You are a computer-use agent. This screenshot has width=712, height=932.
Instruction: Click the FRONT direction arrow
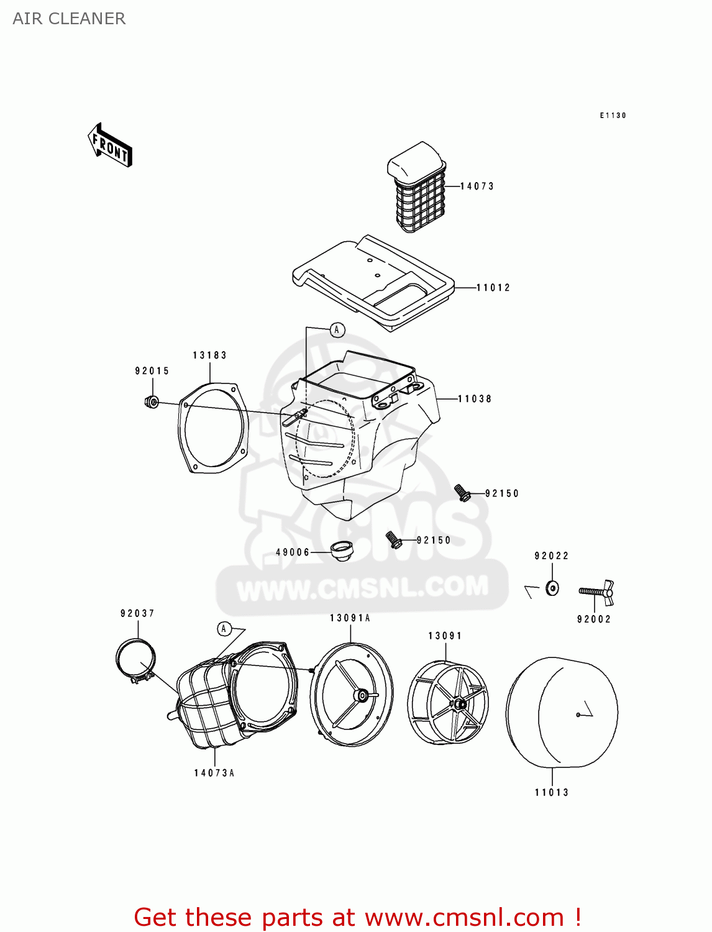pyautogui.click(x=110, y=145)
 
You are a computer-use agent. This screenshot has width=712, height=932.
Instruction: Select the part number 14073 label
pyautogui.click(x=477, y=186)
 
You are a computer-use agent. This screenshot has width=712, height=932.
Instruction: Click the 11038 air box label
pyautogui.click(x=475, y=399)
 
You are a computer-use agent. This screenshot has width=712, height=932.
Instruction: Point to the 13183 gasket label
pyautogui.click(x=209, y=355)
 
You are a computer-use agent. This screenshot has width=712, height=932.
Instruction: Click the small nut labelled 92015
pyautogui.click(x=151, y=402)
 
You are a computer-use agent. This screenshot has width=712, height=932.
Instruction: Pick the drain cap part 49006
pyautogui.click(x=341, y=551)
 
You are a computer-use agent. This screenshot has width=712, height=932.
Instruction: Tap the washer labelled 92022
pyautogui.click(x=552, y=587)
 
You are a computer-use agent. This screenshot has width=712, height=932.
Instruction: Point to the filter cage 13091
pyautogui.click(x=448, y=702)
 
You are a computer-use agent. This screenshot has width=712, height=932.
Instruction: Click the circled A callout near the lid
pyautogui.click(x=337, y=330)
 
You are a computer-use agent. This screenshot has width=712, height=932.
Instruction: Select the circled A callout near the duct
pyautogui.click(x=224, y=629)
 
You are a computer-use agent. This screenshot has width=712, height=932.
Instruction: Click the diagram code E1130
pyautogui.click(x=613, y=116)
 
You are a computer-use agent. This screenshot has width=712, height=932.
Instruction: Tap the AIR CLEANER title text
pyautogui.click(x=69, y=19)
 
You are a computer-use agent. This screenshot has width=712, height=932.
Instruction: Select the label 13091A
pyautogui.click(x=350, y=618)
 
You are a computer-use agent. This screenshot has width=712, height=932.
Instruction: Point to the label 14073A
pyautogui.click(x=214, y=773)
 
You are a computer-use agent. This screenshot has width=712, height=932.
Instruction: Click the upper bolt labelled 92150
pyautogui.click(x=462, y=493)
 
